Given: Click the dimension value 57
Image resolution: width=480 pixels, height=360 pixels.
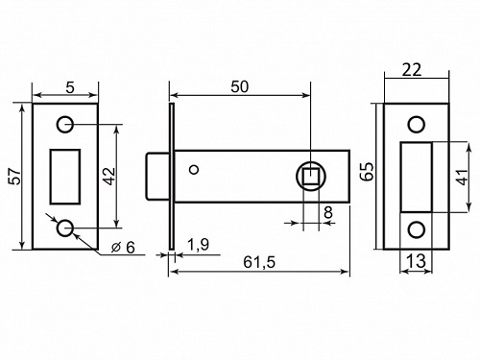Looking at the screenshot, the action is pyautogui.click(x=15, y=176).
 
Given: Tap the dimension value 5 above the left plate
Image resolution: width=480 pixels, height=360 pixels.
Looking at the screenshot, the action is pyautogui.click(x=70, y=87).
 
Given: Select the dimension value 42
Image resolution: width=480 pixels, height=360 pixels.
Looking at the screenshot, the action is pyautogui.click(x=109, y=177).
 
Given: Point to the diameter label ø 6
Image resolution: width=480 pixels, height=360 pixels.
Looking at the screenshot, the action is pyautogui.click(x=123, y=248).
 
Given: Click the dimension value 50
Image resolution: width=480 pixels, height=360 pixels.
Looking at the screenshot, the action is pyautogui.click(x=239, y=87).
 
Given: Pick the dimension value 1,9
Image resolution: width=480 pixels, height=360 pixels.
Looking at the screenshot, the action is pyautogui.click(x=198, y=245).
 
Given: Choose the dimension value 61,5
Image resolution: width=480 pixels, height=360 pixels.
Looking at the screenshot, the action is pyautogui.click(x=259, y=262).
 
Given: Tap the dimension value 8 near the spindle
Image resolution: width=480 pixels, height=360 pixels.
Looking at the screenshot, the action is pyautogui.click(x=328, y=212).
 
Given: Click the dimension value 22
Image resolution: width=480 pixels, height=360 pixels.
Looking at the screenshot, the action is pyautogui.click(x=412, y=70).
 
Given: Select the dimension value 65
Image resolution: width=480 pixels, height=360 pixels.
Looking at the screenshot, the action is pyautogui.click(x=368, y=172).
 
